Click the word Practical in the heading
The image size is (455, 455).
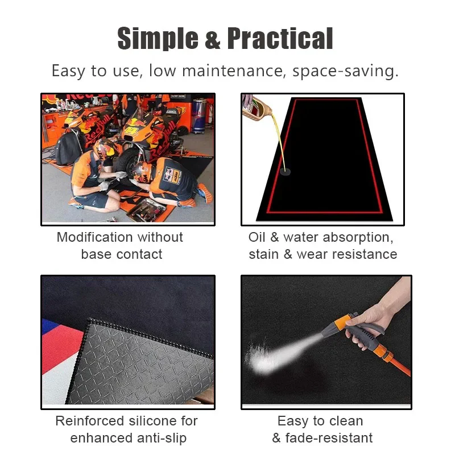[280, 39]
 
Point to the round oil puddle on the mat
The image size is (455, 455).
[284, 169]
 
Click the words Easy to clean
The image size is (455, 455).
[320, 421]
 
